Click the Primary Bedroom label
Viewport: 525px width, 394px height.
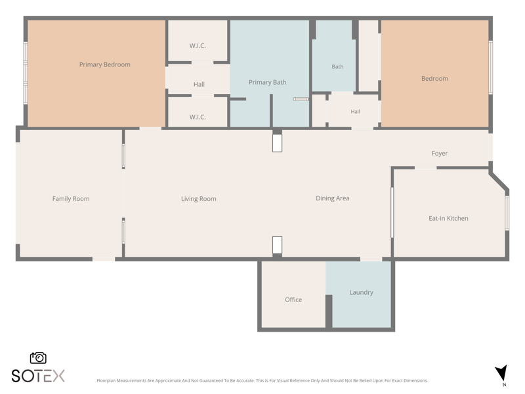click(x=105, y=64)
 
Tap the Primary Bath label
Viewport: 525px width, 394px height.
click(x=268, y=83)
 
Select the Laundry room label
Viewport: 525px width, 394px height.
click(x=362, y=292)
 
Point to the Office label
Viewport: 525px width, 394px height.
click(x=293, y=299)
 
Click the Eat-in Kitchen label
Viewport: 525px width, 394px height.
click(x=448, y=219)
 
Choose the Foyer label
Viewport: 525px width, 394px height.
click(x=440, y=154)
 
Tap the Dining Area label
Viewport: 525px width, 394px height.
click(x=333, y=198)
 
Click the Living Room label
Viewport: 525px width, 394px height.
click(x=199, y=199)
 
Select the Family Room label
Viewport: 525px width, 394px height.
click(x=71, y=199)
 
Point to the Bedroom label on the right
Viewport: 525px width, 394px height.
click(x=434, y=79)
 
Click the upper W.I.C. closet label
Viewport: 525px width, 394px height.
click(x=198, y=46)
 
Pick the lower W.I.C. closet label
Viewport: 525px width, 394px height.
click(x=198, y=118)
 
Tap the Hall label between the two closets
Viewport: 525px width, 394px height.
click(x=199, y=85)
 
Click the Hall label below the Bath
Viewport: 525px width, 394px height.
click(x=355, y=112)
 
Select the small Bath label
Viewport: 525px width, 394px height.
click(x=337, y=67)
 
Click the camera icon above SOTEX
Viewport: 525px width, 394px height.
click(x=38, y=358)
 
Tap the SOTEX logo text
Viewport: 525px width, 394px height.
click(x=38, y=376)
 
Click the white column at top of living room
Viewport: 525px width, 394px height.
click(x=277, y=143)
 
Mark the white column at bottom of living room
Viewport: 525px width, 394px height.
click(x=277, y=245)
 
